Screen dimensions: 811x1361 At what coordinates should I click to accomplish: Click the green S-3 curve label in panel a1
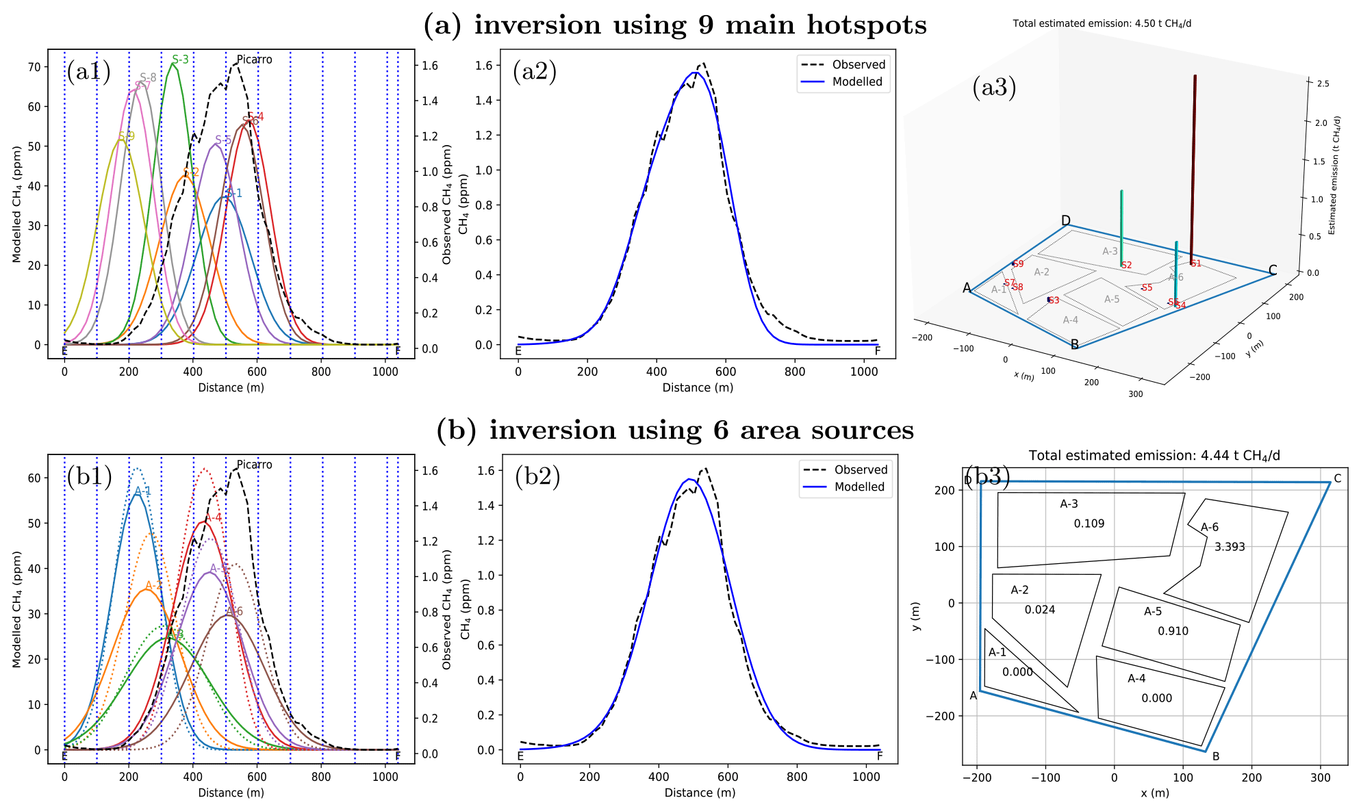coord(180,60)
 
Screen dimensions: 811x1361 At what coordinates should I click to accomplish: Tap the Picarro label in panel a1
coord(254,60)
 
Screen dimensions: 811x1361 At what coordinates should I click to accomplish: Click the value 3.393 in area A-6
coord(1230,547)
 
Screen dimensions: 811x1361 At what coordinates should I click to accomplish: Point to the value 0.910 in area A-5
coord(1173,631)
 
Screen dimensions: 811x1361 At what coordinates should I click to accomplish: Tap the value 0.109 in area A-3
coord(1089,524)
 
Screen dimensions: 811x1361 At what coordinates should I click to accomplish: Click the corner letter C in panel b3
coord(1337,479)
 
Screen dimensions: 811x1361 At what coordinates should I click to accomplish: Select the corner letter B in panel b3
coord(1216,756)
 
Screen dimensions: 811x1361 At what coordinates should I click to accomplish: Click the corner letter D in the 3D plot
coord(1065,220)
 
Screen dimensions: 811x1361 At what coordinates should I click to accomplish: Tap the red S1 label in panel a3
coord(1195,263)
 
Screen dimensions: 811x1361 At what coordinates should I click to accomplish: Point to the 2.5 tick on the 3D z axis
coord(1323,83)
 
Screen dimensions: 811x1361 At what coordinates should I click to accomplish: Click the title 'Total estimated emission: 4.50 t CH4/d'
coord(1102,23)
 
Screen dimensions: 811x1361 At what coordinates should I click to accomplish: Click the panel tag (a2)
coord(534,71)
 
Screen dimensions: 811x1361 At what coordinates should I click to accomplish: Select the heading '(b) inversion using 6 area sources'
coord(675,430)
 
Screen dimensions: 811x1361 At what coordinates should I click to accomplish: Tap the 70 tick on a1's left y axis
coord(34,67)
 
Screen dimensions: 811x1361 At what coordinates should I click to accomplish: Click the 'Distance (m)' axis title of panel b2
coord(700,793)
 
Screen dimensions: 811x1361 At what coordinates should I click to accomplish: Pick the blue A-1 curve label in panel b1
coord(142,491)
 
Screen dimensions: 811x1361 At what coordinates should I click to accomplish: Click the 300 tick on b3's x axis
coord(1320,777)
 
